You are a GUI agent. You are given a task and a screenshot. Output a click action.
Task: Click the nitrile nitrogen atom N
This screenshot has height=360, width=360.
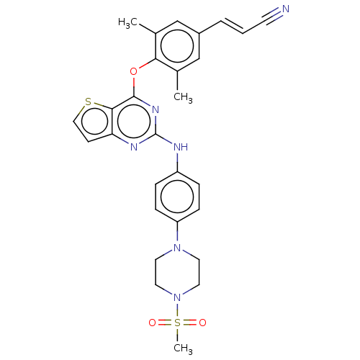click(x=286, y=9)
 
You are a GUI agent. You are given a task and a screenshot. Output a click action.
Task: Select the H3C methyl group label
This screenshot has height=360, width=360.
click(x=127, y=23)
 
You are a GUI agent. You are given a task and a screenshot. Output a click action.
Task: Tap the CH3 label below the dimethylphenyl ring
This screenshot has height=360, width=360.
click(x=183, y=97)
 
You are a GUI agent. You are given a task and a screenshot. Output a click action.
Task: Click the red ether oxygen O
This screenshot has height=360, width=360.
click(x=133, y=71)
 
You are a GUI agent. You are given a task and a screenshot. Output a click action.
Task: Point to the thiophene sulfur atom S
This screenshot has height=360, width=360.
click(x=89, y=102)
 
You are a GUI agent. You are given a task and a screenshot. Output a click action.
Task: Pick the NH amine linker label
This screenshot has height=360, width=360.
click(x=181, y=147)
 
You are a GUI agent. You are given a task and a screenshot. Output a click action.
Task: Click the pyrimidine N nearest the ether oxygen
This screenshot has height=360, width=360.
click(x=156, y=110)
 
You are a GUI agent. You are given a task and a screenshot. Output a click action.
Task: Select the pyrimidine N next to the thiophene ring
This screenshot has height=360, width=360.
click(x=134, y=147)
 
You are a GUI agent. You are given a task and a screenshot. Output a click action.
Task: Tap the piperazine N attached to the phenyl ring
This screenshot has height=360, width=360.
click(x=177, y=248)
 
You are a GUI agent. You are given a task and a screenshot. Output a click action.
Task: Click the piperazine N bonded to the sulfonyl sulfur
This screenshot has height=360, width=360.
click(x=177, y=297)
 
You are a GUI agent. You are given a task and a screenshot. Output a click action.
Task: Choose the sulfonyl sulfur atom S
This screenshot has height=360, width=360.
click(x=177, y=323)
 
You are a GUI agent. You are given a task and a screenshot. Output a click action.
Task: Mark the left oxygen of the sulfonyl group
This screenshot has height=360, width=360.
click(x=152, y=323)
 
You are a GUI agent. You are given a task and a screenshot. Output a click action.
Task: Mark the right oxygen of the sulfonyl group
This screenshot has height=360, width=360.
click(x=202, y=323)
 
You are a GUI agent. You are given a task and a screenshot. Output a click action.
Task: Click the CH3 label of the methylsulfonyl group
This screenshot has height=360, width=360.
click(x=183, y=348)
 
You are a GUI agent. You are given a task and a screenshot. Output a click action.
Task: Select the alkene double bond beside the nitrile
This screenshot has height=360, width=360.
click(x=232, y=26)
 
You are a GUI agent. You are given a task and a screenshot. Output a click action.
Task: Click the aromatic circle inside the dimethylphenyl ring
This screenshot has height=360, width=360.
click(x=177, y=46)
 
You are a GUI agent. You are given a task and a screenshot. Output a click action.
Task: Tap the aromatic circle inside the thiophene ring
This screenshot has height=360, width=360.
click(x=94, y=122)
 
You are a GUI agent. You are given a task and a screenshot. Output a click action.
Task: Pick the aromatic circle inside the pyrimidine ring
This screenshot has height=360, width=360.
click(x=134, y=122)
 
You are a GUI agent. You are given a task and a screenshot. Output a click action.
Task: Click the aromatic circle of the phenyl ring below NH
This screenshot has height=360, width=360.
click(x=177, y=197)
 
